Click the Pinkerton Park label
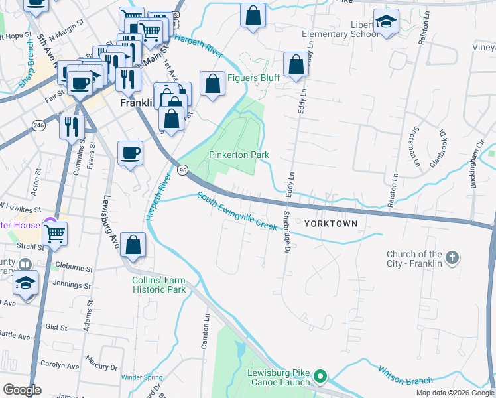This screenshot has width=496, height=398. (239, 154)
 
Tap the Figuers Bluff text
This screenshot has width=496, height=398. (253, 78)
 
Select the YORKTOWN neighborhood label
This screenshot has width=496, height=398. (331, 224)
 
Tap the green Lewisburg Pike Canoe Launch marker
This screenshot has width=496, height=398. (320, 377)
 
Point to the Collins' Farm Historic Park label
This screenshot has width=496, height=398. (158, 285)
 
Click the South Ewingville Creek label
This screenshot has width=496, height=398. (237, 211)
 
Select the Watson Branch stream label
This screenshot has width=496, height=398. (405, 376)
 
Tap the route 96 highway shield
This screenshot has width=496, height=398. (183, 170)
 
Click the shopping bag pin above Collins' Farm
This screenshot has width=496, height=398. (134, 245)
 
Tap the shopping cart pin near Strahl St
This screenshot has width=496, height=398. (54, 233)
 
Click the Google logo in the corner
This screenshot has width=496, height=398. (22, 390)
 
